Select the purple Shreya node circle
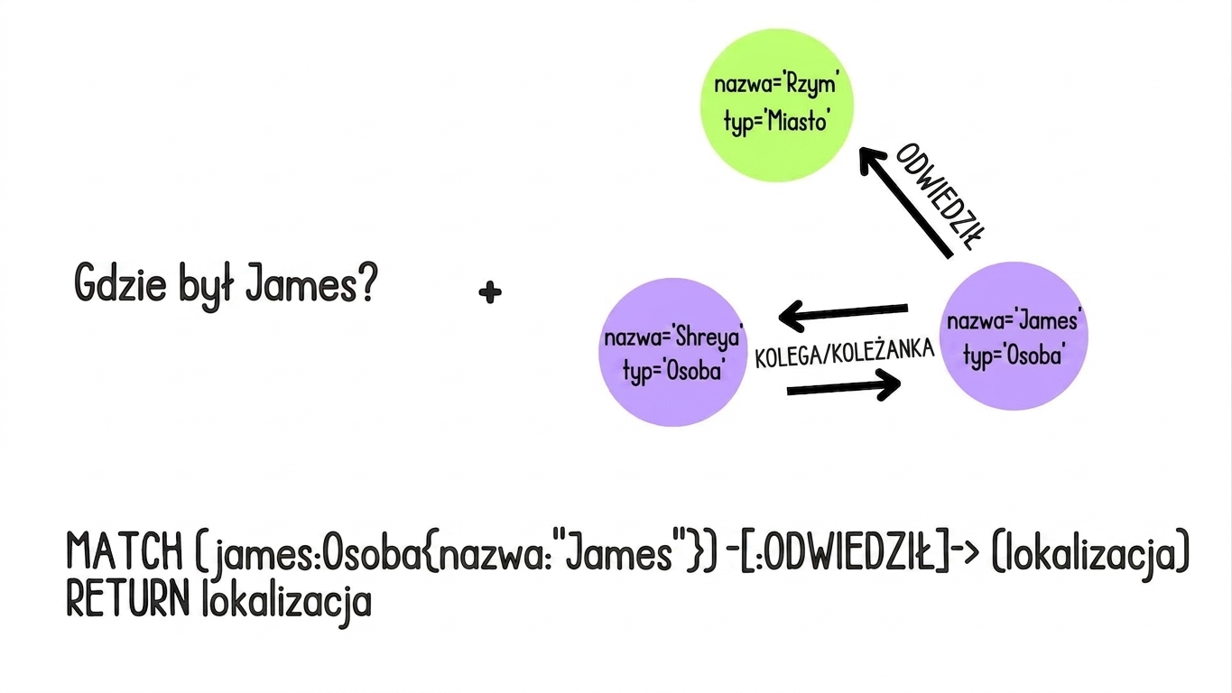tap(672, 352)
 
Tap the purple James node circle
tap(1014, 336)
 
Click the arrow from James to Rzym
tap(906, 202)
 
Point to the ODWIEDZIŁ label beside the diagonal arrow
tap(940, 197)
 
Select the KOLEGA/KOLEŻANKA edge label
tap(845, 353)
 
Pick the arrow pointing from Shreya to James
tap(844, 385)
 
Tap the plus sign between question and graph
tap(490, 292)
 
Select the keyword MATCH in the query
tap(125, 550)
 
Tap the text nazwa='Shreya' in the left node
tap(673, 337)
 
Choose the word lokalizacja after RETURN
tap(287, 603)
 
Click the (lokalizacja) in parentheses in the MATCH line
tap(1090, 554)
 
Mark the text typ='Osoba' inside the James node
tap(1013, 356)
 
